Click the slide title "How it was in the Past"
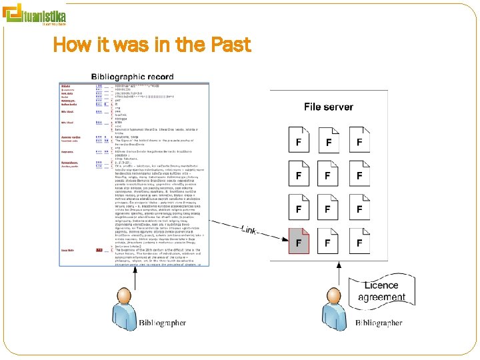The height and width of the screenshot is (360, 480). [151, 45]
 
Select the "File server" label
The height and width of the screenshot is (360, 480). [329, 106]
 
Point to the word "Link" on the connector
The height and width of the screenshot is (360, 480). [249, 230]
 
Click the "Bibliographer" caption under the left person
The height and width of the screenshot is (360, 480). [163, 323]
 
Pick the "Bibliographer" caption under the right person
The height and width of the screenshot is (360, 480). [379, 323]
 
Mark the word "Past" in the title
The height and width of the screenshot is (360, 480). [230, 45]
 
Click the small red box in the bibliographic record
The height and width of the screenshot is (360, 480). [99, 250]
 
